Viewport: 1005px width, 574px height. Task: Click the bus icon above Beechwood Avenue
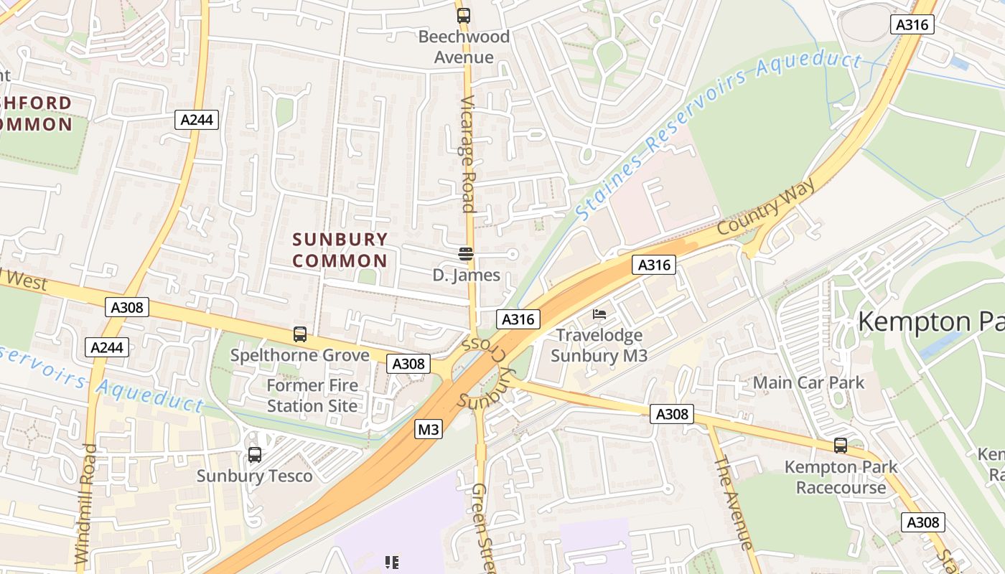(x=464, y=15)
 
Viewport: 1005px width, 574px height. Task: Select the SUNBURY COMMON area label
(x=340, y=250)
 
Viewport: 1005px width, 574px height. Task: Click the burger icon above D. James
(x=466, y=253)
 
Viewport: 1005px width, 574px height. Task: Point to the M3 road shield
(x=428, y=430)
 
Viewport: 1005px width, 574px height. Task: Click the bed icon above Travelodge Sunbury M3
(x=599, y=314)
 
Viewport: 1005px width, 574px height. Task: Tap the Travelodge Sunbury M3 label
(x=599, y=345)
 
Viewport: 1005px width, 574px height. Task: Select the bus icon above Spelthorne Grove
(x=300, y=334)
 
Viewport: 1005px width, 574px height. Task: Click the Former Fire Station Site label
(x=312, y=395)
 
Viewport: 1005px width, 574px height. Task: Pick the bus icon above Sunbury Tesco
(x=255, y=454)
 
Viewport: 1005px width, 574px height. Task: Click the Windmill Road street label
(x=85, y=502)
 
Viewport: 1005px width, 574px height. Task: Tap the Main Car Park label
(x=808, y=382)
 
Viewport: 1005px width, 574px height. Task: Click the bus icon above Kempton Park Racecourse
(x=841, y=446)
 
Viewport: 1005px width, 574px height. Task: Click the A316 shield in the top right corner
(x=912, y=25)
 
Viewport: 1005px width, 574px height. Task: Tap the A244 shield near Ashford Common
(x=196, y=119)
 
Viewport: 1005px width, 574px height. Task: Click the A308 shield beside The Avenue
(x=672, y=414)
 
